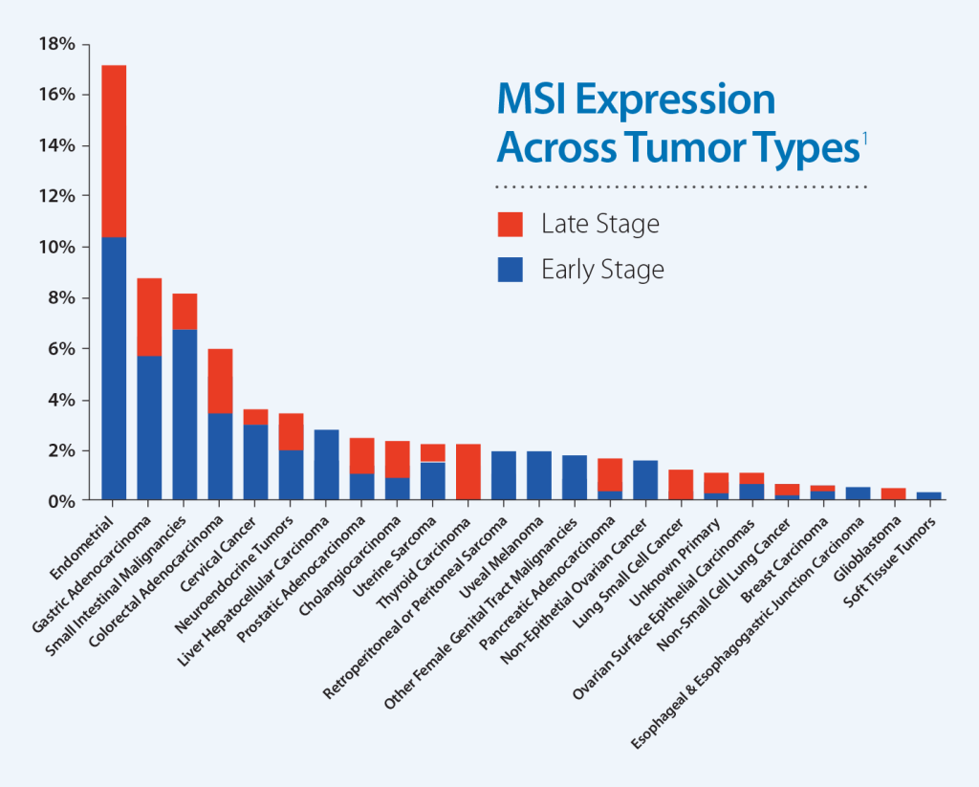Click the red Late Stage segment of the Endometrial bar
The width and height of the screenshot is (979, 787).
(114, 150)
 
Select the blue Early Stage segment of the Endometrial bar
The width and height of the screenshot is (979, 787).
(114, 368)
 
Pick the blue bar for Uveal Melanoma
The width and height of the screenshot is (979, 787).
(539, 475)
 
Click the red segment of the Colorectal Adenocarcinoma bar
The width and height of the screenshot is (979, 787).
(220, 381)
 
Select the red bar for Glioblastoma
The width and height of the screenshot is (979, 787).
(893, 494)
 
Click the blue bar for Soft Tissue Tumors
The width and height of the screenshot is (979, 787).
(928, 495)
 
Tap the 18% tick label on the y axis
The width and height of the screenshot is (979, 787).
(55, 44)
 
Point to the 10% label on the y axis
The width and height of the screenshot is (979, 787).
(55, 247)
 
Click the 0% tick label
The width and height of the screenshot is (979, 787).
(59, 500)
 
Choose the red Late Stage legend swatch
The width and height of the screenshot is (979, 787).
(510, 225)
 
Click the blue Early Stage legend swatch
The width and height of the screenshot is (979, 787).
(510, 270)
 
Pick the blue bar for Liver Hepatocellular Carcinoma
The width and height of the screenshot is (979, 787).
(327, 465)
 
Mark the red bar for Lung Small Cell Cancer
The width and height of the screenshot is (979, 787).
(681, 485)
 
